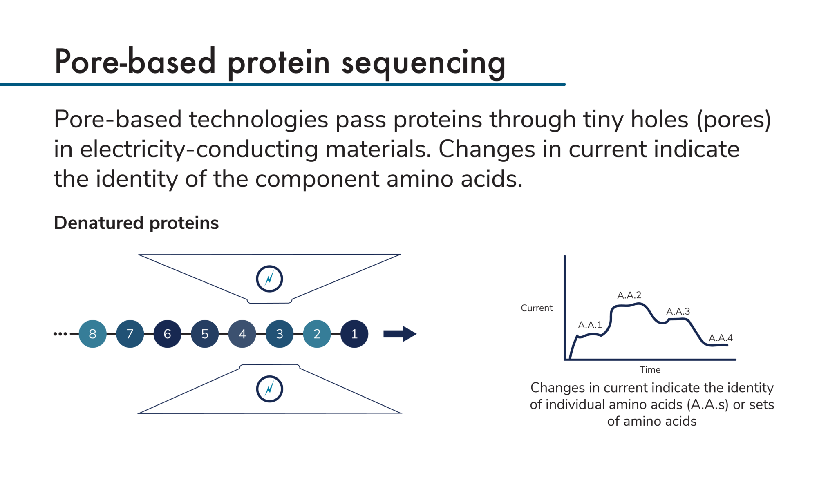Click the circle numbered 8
[x=92, y=334]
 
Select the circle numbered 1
[x=354, y=334]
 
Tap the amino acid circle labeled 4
[x=242, y=334]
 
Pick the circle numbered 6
[x=167, y=334]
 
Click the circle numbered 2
[x=317, y=334]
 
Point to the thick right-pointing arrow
[x=400, y=334]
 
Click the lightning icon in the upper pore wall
[x=269, y=279]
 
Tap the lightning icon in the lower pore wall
[x=269, y=389]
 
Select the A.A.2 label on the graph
[x=629, y=295]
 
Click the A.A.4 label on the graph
[x=721, y=338]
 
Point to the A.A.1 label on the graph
[x=590, y=325]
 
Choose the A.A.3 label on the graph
[x=678, y=311]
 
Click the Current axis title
[x=536, y=308]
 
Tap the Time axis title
[x=650, y=370]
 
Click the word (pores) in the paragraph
[x=734, y=120]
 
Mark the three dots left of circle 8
[x=60, y=334]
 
